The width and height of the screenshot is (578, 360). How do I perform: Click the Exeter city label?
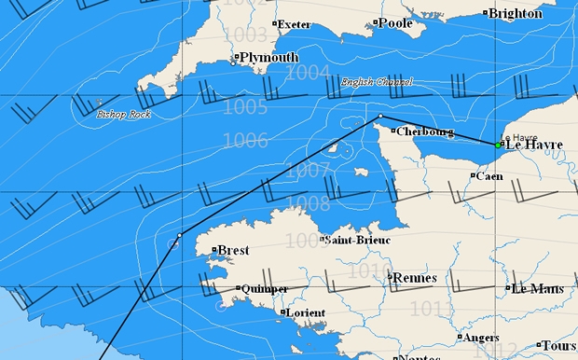295,23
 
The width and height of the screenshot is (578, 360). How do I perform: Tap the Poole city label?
395,22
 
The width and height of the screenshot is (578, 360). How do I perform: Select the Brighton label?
515,13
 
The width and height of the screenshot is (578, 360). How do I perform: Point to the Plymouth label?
268,58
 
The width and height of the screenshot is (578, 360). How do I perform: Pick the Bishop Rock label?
124,114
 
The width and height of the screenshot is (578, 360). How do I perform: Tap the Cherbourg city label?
425,132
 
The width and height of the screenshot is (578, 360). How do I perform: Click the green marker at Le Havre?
500,145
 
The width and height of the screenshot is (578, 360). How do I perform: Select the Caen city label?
489,175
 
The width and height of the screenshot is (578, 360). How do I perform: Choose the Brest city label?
233,250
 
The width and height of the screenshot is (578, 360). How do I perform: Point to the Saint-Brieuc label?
356,240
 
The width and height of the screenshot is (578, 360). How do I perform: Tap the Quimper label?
265,289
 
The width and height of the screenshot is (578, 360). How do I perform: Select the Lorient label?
307,312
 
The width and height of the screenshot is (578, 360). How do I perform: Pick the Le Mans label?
537,288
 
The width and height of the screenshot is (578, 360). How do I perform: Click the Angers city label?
481,338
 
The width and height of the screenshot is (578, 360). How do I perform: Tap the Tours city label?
558,345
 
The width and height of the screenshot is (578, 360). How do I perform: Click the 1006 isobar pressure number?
245,140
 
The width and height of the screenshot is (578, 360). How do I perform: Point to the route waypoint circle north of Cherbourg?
380,117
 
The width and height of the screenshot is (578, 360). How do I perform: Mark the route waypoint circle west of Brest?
179,234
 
